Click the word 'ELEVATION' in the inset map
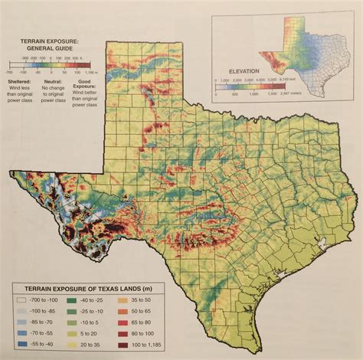[237, 73]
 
